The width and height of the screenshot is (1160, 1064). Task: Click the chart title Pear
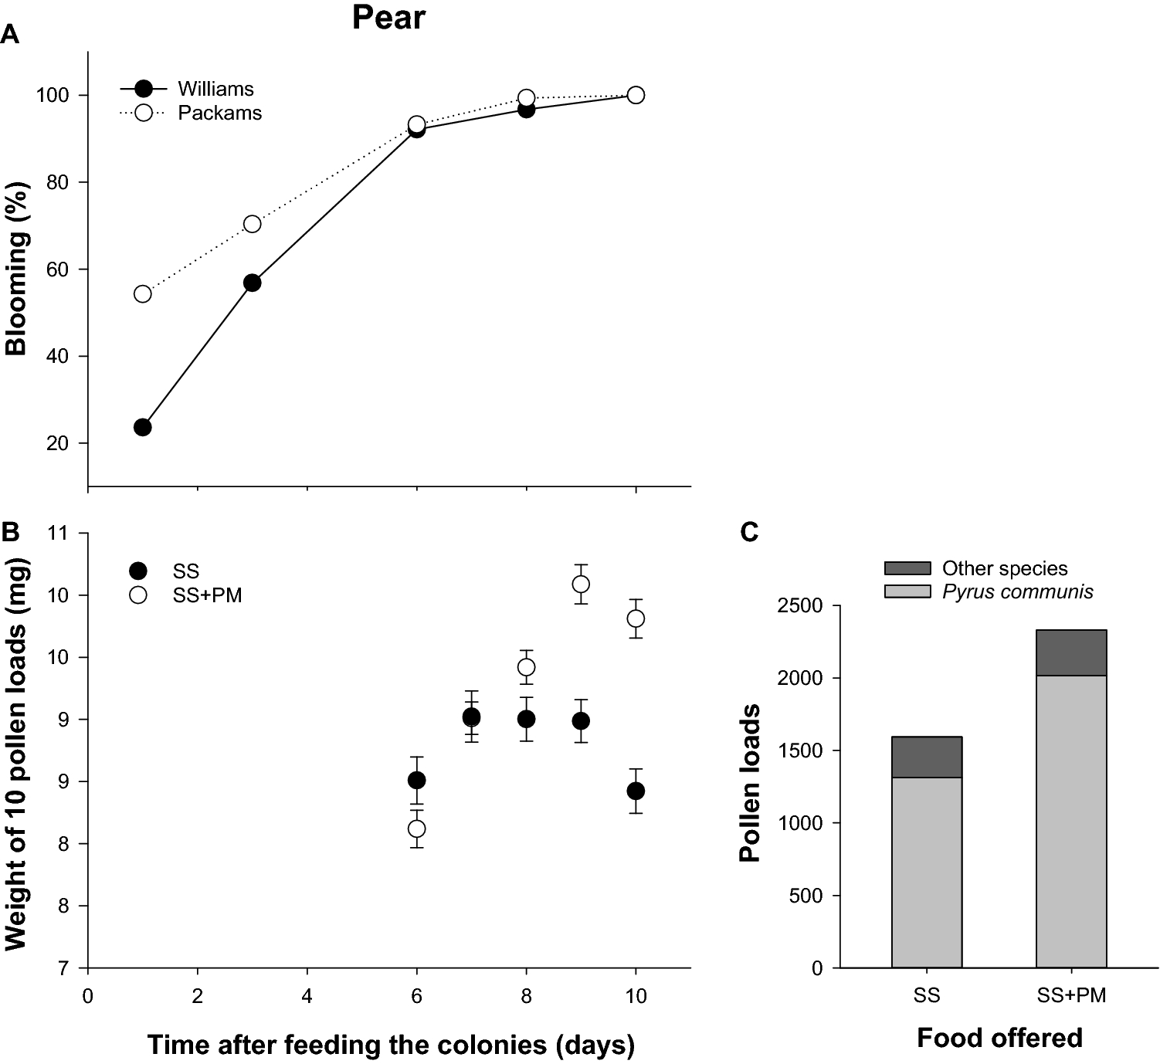[388, 17]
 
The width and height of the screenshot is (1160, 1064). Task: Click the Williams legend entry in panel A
[215, 89]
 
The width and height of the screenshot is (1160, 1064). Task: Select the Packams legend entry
[219, 113]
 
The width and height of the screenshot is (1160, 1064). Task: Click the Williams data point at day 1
[142, 427]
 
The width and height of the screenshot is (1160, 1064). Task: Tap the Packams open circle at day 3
[252, 224]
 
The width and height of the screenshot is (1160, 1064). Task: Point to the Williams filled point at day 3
[252, 283]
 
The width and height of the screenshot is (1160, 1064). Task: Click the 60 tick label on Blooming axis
[58, 269]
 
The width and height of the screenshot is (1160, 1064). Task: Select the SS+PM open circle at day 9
[581, 584]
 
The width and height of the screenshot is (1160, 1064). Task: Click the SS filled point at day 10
[636, 791]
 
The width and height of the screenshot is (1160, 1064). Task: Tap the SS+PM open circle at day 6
[416, 828]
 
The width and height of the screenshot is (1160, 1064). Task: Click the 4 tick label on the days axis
[307, 996]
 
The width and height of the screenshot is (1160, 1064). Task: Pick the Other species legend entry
[1004, 569]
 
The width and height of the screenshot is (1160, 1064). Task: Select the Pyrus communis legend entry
[1017, 592]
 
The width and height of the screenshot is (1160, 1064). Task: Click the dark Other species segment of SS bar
[926, 757]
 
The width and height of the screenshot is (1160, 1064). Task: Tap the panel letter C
[749, 532]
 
